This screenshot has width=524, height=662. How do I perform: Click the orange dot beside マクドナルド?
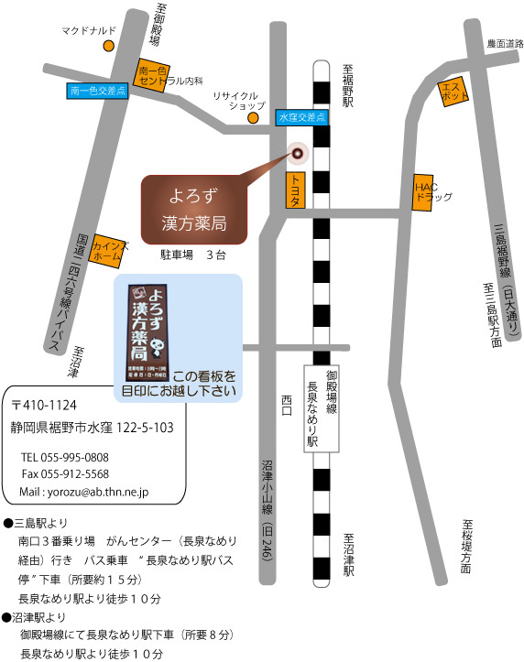108,45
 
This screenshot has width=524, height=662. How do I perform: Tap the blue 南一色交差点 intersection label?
98,92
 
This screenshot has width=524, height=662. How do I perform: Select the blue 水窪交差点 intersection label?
301,118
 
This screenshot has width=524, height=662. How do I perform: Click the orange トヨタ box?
295,191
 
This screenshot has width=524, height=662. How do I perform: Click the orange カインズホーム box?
107,248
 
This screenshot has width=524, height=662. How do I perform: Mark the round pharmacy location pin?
297,152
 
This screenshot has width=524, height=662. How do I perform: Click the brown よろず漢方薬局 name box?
194,211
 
